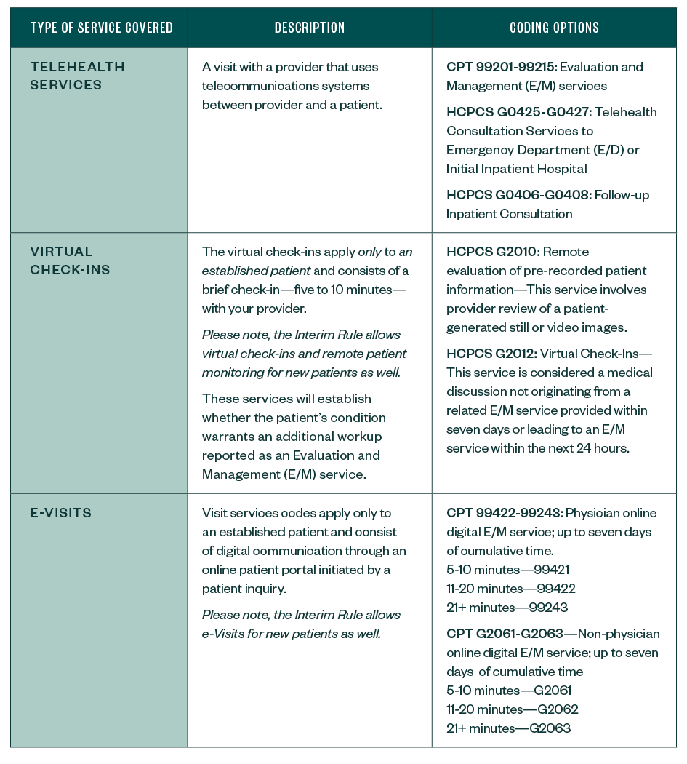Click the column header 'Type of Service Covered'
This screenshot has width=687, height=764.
101,28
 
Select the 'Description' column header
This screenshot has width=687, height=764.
310,28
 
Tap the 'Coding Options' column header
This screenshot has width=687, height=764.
554,28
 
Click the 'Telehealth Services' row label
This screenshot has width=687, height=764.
77,76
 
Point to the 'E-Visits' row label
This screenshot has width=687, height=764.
61,512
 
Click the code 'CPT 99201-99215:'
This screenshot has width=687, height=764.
502,67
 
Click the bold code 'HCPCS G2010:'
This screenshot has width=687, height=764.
492,252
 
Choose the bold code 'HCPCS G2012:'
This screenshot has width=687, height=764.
492,354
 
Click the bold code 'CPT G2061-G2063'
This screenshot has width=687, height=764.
505,634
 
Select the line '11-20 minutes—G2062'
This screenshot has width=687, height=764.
512,709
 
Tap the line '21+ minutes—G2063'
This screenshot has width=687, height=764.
508,728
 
